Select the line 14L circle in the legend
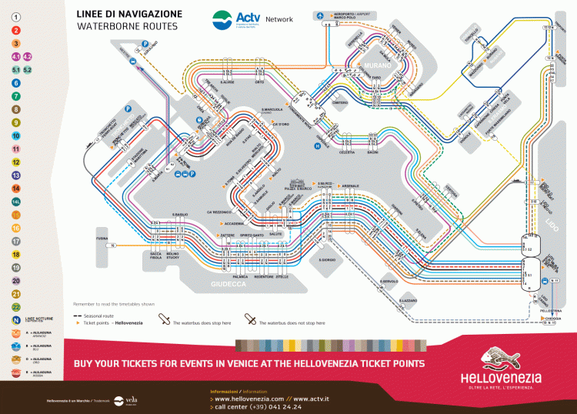tap(15, 201)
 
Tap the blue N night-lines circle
tap(15, 319)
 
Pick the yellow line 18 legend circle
tap(15, 253)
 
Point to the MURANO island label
tap(383, 66)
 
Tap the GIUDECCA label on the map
tap(229, 284)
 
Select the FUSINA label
tap(102, 239)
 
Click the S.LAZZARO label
tap(407, 300)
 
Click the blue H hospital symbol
tap(315, 145)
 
